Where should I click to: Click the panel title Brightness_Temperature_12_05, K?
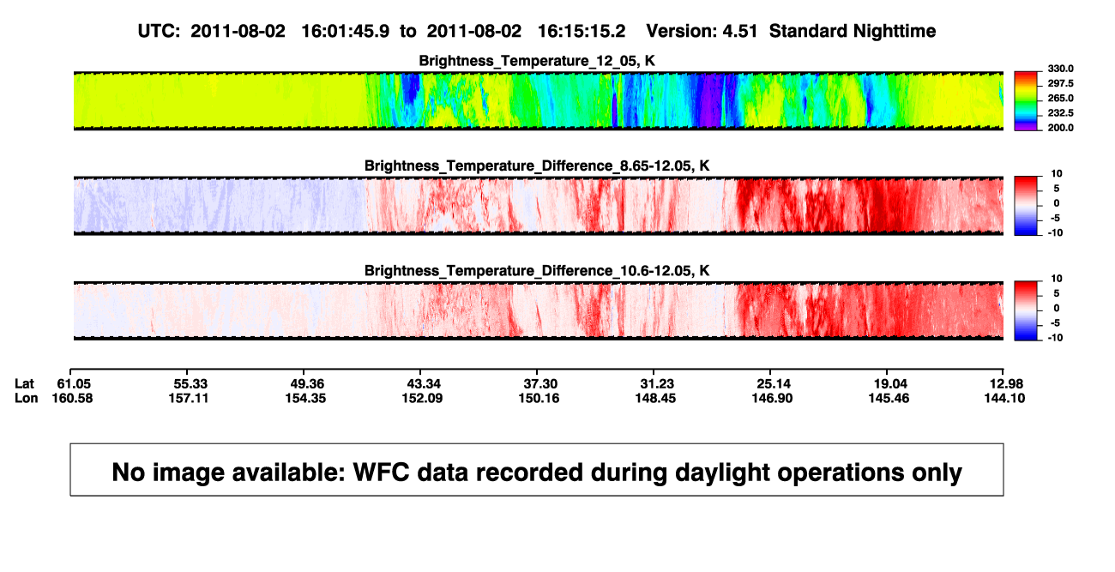(x=537, y=61)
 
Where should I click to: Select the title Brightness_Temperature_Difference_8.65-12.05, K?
(x=537, y=166)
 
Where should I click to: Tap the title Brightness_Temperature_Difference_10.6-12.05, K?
(x=537, y=271)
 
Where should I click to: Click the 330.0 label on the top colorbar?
(x=1060, y=69)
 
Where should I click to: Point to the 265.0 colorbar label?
(x=1060, y=98)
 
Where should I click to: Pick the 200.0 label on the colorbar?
(x=1060, y=128)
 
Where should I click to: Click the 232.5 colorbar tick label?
(x=1060, y=113)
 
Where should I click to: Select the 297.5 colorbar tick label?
(x=1060, y=83)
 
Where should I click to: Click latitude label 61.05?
(x=74, y=384)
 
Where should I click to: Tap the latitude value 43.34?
(x=424, y=384)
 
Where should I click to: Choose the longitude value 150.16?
(x=539, y=398)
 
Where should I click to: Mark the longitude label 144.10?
(x=1004, y=398)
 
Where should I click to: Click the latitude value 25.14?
(x=774, y=384)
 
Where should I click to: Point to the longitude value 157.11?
(x=188, y=398)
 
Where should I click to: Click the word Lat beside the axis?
(x=24, y=384)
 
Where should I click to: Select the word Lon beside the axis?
(x=27, y=398)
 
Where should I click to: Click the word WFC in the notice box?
(x=381, y=473)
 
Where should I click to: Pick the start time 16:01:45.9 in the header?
(x=345, y=32)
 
